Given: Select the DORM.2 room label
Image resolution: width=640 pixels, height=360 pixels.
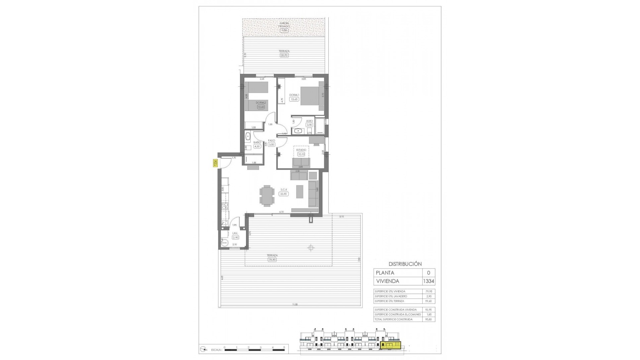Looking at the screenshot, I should tap(260, 103).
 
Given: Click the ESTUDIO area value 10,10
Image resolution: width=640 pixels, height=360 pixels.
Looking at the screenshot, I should tap(301, 154).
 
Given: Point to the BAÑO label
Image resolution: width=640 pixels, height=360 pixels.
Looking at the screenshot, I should tap(257, 142).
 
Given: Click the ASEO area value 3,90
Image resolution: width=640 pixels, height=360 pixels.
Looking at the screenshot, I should tap(309, 125).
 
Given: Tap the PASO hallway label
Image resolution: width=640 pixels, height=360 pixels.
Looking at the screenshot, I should tap(271, 141).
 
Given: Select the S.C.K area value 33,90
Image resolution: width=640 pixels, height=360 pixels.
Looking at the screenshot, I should tap(284, 194).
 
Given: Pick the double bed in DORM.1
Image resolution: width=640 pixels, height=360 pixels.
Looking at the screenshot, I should tap(310, 96).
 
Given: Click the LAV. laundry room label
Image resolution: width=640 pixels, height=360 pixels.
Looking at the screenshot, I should tap(235, 233).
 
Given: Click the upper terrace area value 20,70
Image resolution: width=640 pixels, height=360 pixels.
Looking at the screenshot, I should tap(284, 55).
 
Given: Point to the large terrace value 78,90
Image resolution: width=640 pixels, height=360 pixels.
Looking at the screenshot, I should tap(272, 259).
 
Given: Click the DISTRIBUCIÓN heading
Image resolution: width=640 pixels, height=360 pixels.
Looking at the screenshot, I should tap(405, 264).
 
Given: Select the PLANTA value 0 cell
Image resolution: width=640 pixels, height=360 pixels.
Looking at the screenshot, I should tap(428, 273).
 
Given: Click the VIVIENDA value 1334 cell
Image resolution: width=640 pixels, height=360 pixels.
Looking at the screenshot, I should tap(428, 281).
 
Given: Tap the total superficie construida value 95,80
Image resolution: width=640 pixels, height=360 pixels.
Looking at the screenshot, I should tap(428, 319).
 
